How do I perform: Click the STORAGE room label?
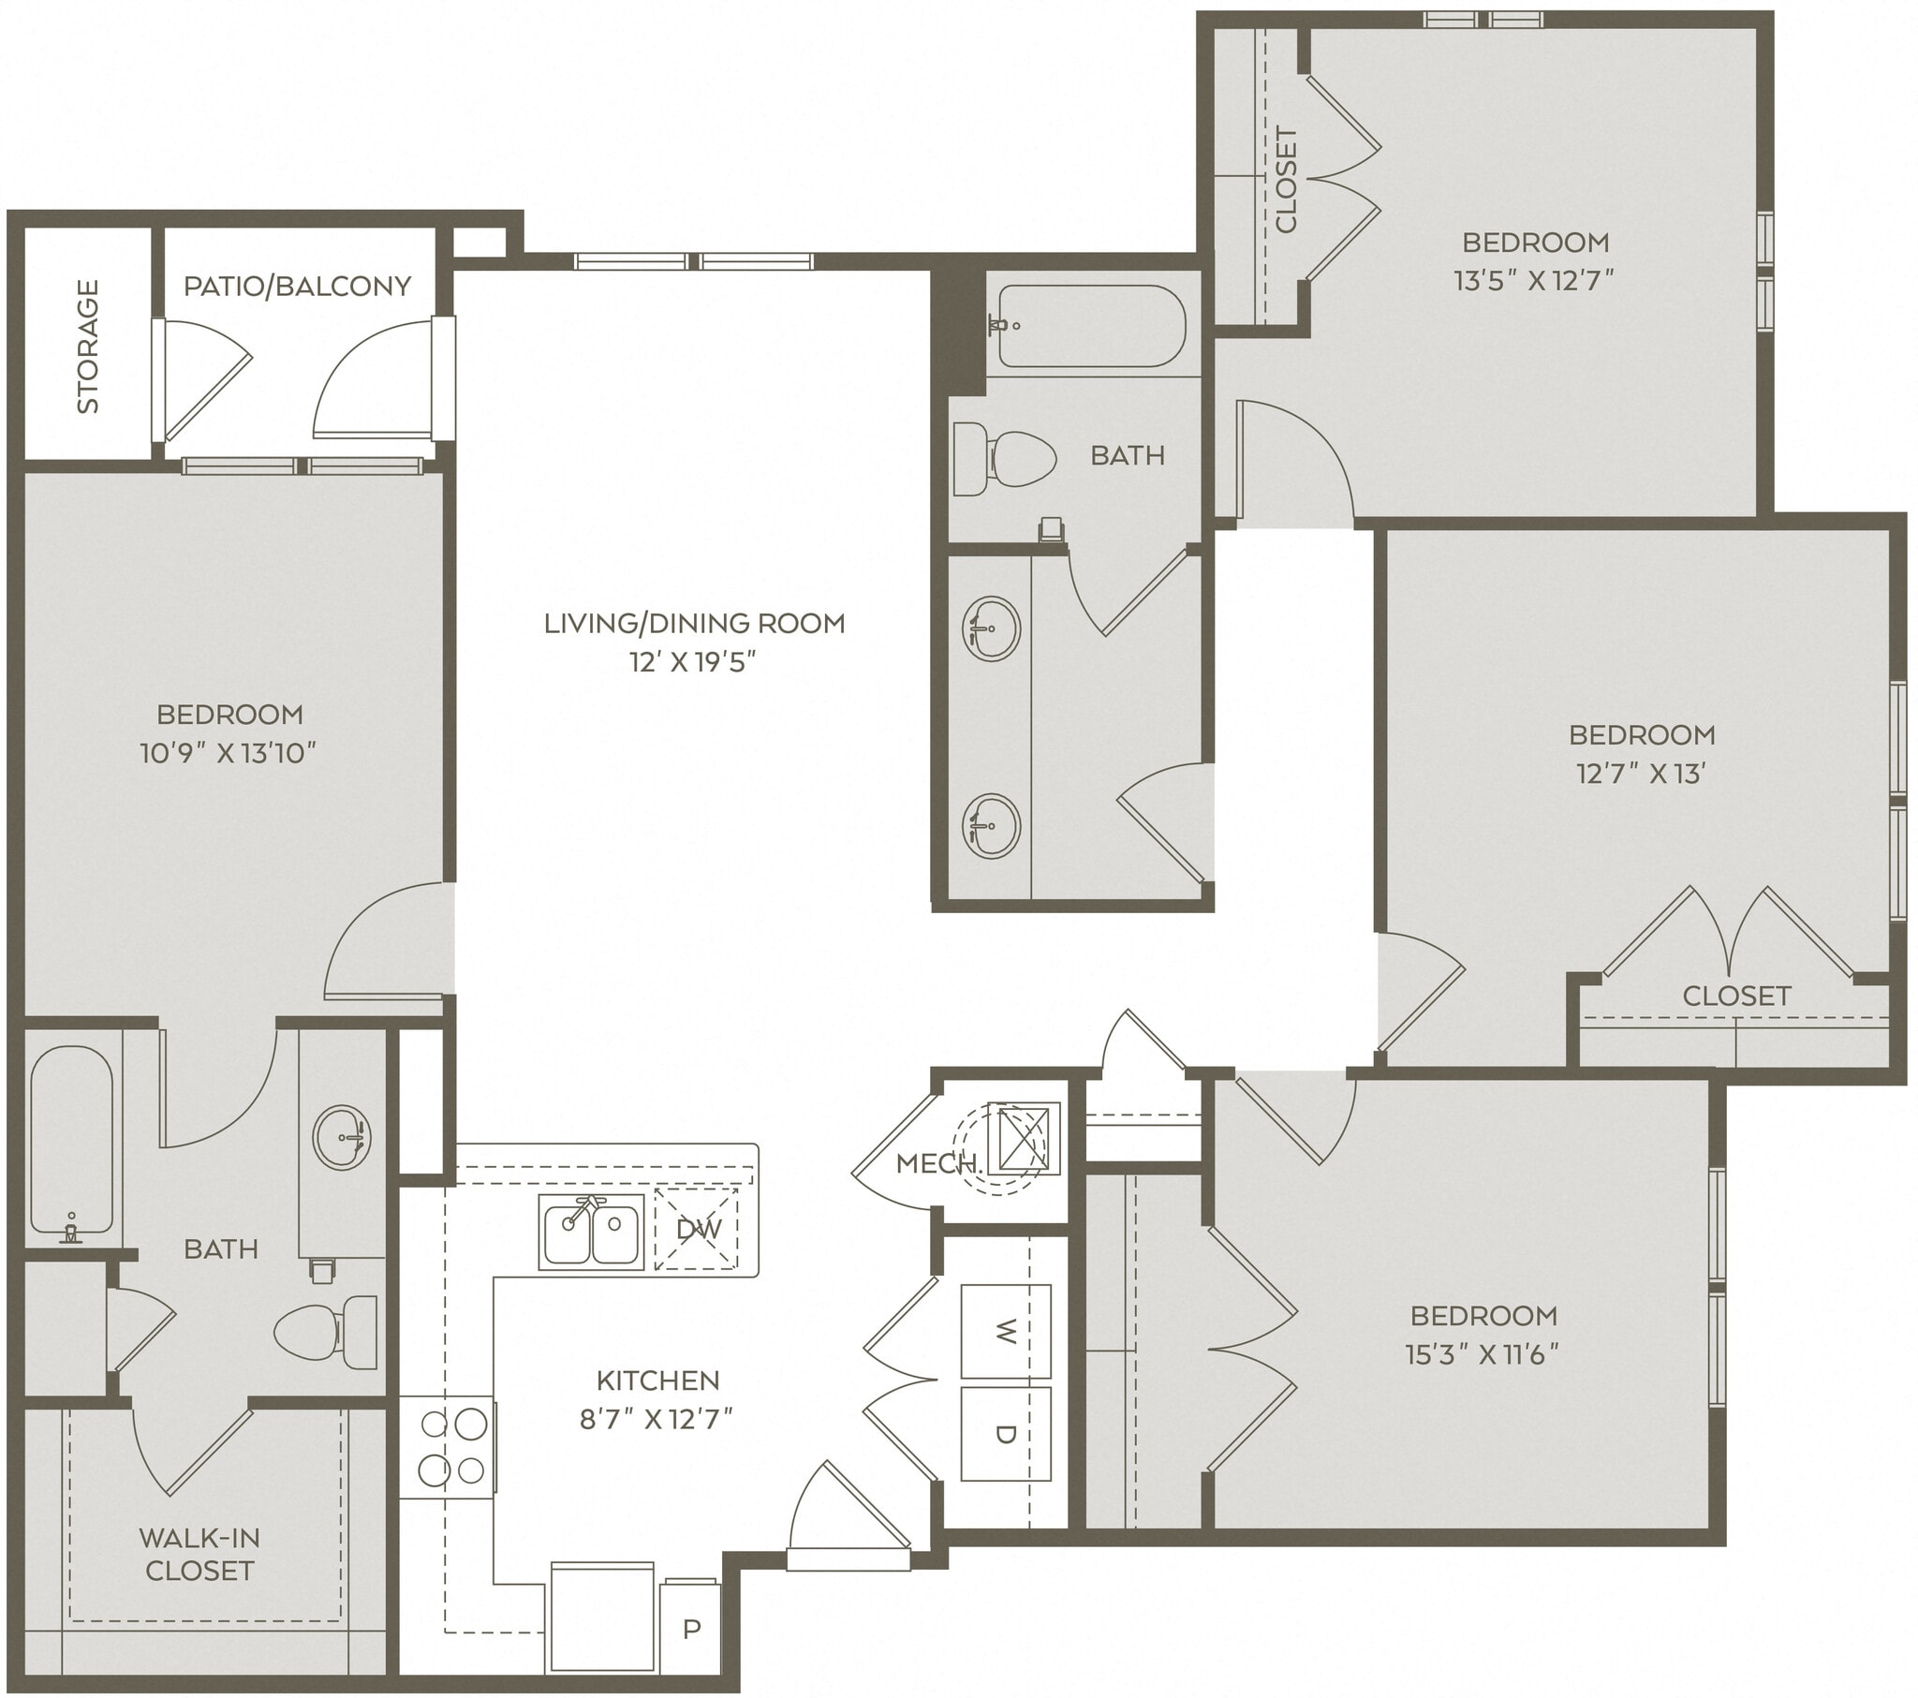pos(87,347)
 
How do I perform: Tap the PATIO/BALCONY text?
pos(297,286)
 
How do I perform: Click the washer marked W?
pos(1005,1331)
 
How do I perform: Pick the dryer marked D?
pos(1005,1433)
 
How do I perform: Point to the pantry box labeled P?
pos(690,1629)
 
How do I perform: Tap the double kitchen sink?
pos(591,1232)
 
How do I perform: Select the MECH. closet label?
pos(938,1164)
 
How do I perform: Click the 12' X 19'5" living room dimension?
pos(692,663)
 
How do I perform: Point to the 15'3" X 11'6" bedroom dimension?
pos(1482,1355)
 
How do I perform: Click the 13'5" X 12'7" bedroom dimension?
pos(1534,281)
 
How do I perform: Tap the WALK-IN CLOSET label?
pos(199,1554)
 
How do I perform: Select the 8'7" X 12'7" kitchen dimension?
pos(656,1418)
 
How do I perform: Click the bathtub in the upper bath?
pos(1090,326)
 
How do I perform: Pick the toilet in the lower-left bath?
pos(324,1331)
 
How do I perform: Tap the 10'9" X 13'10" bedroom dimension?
pos(228,753)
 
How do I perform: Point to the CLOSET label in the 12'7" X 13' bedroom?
pos(1736,996)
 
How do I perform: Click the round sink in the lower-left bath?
pos(342,1138)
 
